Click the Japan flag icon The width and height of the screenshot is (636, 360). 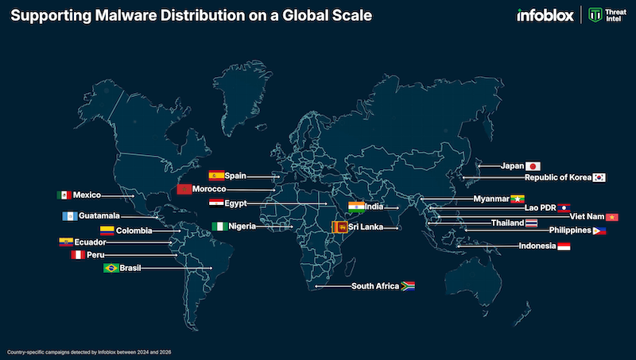(x=533, y=166)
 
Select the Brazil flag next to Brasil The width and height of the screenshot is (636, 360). (x=111, y=269)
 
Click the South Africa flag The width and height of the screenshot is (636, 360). (x=407, y=286)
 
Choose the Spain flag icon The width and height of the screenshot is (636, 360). (x=215, y=175)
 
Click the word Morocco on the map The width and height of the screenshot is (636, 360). (x=210, y=189)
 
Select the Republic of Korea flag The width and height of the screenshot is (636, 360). (x=599, y=178)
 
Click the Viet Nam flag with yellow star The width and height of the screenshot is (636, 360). (x=611, y=217)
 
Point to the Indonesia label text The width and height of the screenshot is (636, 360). (x=537, y=246)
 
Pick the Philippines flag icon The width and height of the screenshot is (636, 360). (x=599, y=230)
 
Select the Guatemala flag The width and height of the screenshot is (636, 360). (x=69, y=215)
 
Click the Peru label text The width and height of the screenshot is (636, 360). (x=95, y=255)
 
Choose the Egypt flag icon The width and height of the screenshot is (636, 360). (x=215, y=203)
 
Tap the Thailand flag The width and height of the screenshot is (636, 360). (x=531, y=223)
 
